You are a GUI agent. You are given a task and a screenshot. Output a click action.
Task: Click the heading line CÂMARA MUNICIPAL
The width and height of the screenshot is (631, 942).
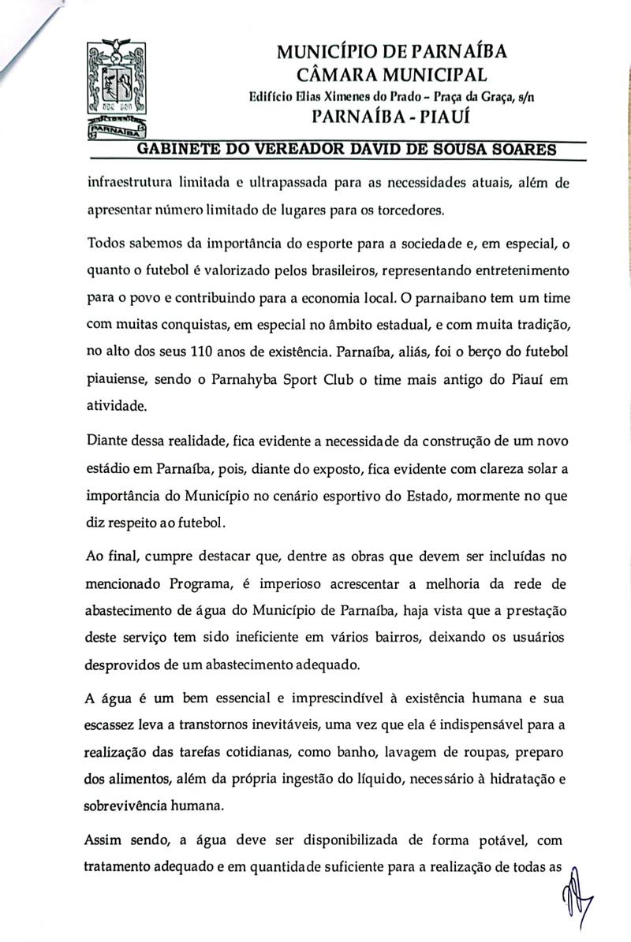coord(391,75)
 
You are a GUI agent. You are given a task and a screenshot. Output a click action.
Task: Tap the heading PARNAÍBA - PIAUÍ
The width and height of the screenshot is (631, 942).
coord(391,117)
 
